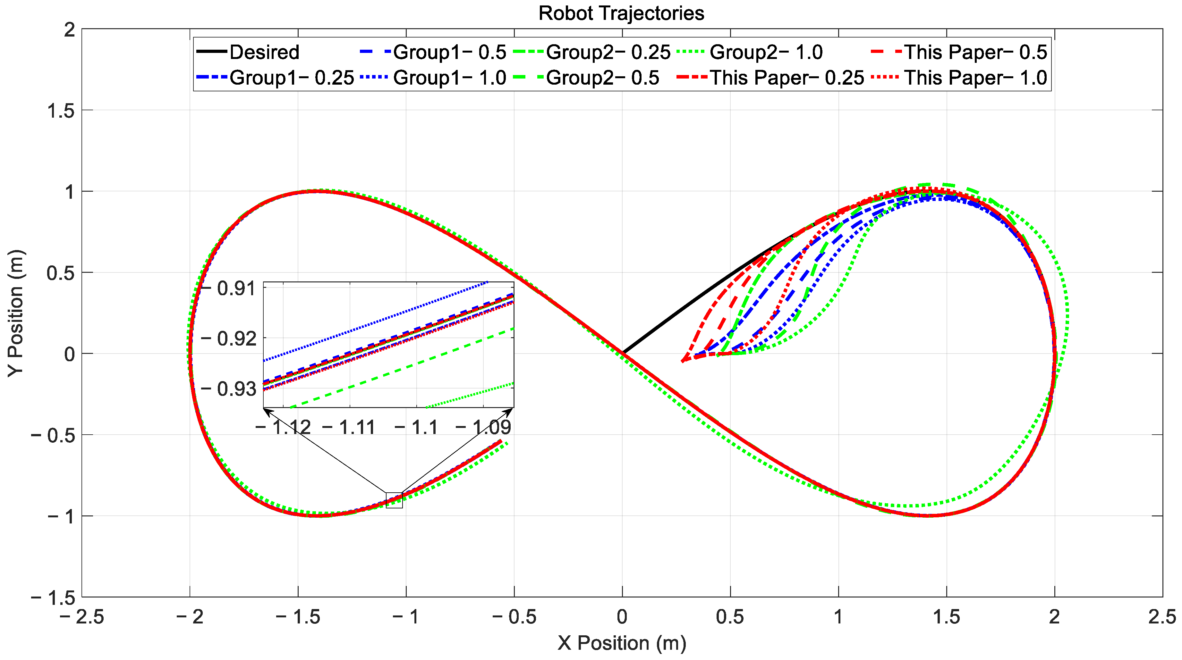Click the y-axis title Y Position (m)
click(16, 313)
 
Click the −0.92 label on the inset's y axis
click(229, 339)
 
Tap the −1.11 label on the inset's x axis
click(349, 428)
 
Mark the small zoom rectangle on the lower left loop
click(394, 500)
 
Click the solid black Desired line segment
click(688, 302)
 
